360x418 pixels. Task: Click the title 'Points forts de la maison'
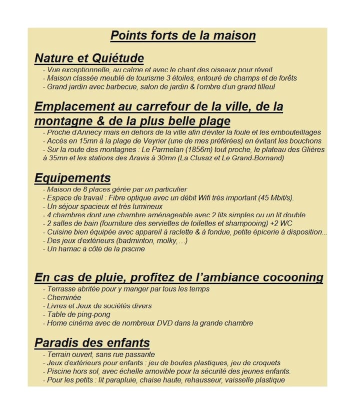click(x=183, y=36)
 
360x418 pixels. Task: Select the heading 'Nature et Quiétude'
click(x=89, y=58)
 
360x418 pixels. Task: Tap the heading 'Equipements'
click(x=72, y=178)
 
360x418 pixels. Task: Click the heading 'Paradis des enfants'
click(x=92, y=343)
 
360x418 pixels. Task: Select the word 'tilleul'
click(x=263, y=86)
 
